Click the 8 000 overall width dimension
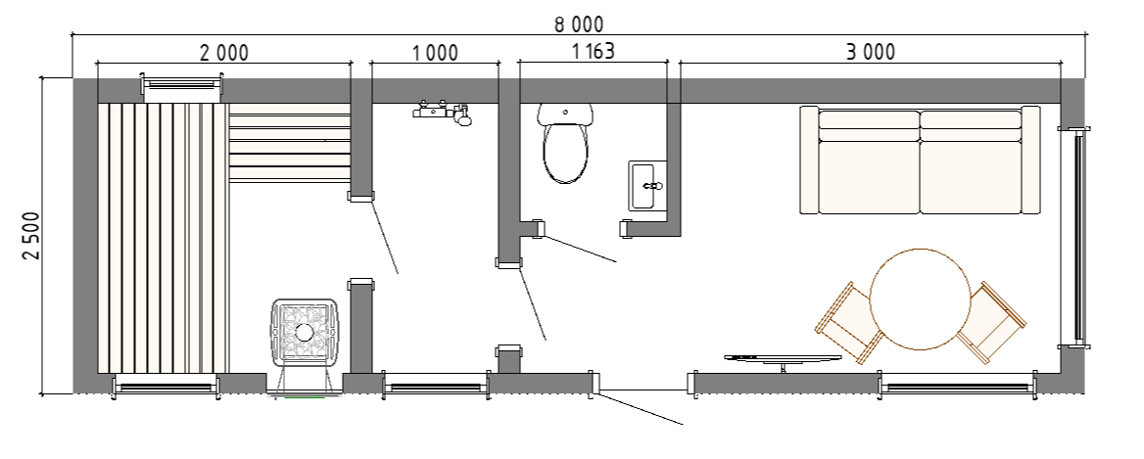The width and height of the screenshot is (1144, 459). pyautogui.click(x=579, y=24)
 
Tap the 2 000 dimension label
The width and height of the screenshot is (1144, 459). pyautogui.click(x=224, y=53)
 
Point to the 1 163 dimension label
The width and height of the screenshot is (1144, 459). pyautogui.click(x=593, y=52)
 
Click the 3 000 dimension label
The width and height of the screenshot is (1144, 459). pyautogui.click(x=871, y=53)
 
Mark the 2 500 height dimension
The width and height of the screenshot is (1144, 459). pyautogui.click(x=31, y=236)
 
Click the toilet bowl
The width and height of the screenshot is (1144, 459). pyautogui.click(x=565, y=143)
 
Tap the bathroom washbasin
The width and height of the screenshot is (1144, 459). pyautogui.click(x=647, y=186)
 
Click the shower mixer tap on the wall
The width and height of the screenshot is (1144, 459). pyautogui.click(x=443, y=113)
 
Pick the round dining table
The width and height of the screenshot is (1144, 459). pyautogui.click(x=920, y=299)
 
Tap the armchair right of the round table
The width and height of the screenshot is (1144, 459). pyautogui.click(x=990, y=323)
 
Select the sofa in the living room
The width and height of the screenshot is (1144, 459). pyautogui.click(x=920, y=161)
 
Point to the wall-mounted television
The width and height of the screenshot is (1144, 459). pyautogui.click(x=783, y=359)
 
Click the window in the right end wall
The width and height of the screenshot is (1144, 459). pyautogui.click(x=1076, y=236)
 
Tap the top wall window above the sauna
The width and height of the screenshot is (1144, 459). pyautogui.click(x=182, y=84)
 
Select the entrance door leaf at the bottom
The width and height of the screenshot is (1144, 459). pyautogui.click(x=640, y=408)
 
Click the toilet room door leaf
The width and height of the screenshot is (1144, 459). pyautogui.click(x=581, y=249)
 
